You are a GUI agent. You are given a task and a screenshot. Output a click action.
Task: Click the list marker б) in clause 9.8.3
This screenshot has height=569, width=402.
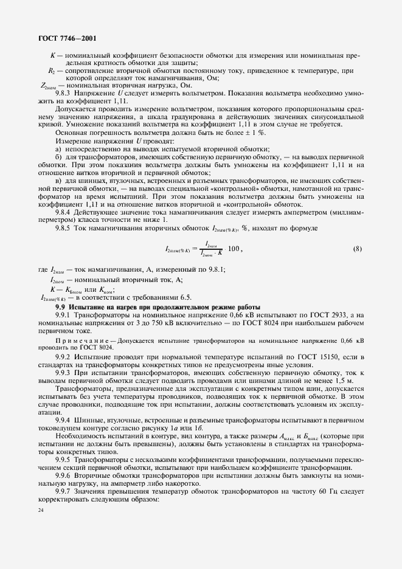click(58, 157)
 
